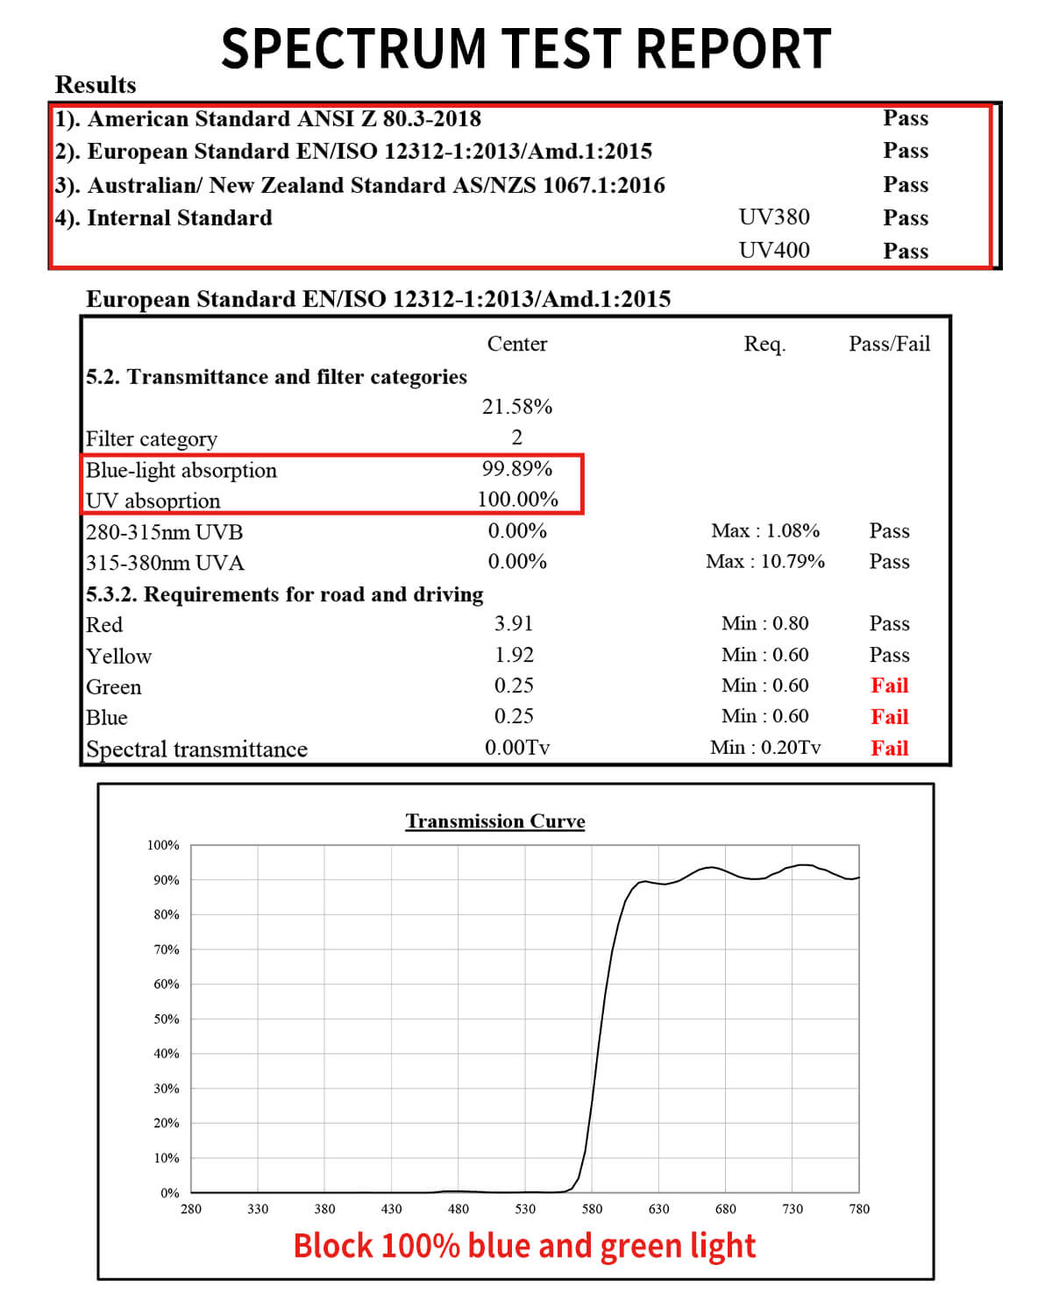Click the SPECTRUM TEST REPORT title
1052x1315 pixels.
pyautogui.click(x=526, y=48)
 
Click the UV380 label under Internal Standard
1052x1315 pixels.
pyautogui.click(x=774, y=217)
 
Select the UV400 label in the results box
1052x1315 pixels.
pyautogui.click(x=774, y=251)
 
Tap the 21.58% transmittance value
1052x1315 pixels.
pyautogui.click(x=517, y=407)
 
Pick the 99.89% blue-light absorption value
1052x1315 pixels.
pyautogui.click(x=517, y=469)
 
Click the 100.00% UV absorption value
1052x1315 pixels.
pyautogui.click(x=517, y=500)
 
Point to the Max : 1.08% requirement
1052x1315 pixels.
pyautogui.click(x=765, y=530)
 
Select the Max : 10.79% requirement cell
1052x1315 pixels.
pyautogui.click(x=765, y=561)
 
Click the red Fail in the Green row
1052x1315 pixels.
pyautogui.click(x=889, y=686)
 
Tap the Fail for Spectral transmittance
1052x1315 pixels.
pyautogui.click(x=889, y=748)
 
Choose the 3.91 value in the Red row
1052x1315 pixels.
pyautogui.click(x=514, y=623)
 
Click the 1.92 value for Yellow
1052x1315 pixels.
pyautogui.click(x=514, y=655)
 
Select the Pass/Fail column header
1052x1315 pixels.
pyautogui.click(x=889, y=344)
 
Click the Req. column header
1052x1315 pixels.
pyautogui.click(x=764, y=345)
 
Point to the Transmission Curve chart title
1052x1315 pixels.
pyautogui.click(x=494, y=821)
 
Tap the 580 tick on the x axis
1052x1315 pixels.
pyautogui.click(x=592, y=1209)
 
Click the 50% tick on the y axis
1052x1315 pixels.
pyautogui.click(x=167, y=1019)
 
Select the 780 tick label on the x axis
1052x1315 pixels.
pyautogui.click(x=859, y=1209)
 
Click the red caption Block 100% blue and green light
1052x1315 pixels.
pyautogui.click(x=524, y=1246)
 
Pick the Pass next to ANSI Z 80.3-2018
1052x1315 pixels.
pyautogui.click(x=906, y=118)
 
